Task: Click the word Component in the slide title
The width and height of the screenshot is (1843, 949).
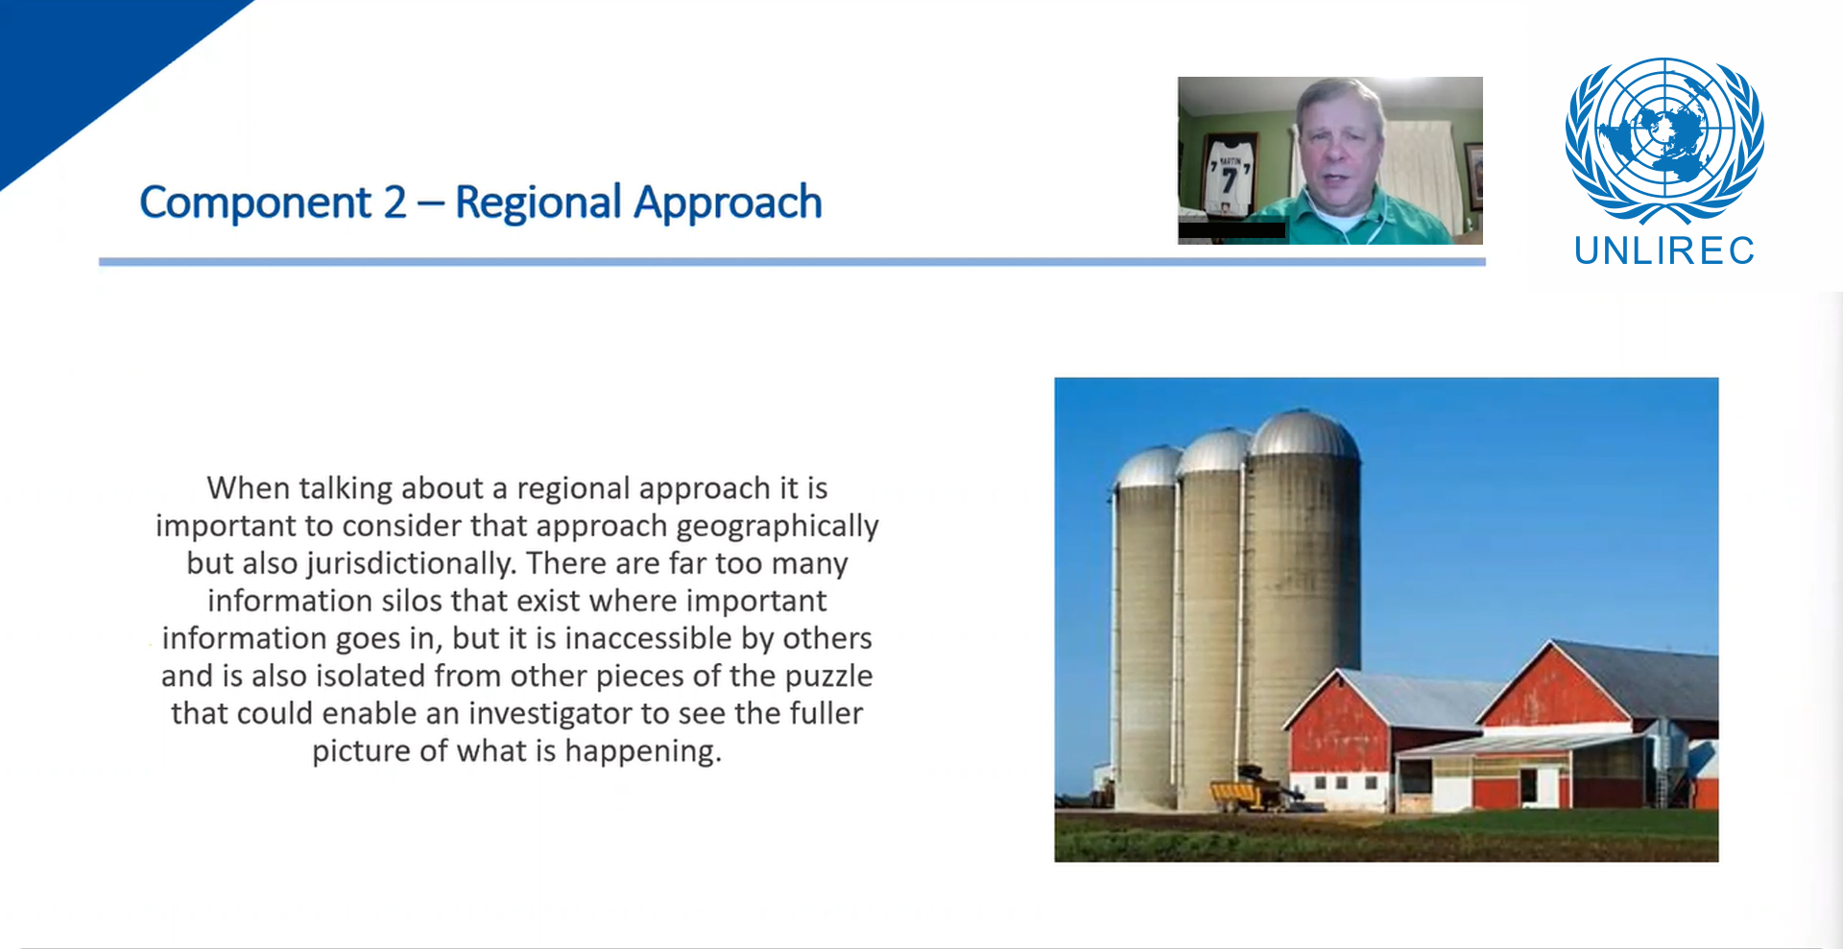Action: pos(254,203)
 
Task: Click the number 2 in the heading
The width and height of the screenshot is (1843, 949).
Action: pos(395,203)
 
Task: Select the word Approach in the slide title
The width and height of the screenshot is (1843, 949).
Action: pos(728,203)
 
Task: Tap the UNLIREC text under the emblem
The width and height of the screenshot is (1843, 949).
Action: pos(1664,251)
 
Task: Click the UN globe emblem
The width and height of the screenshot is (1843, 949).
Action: pos(1664,139)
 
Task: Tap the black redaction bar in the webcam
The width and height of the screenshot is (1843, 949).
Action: pos(1232,230)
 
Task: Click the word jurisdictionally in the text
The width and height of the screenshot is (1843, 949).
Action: pos(411,564)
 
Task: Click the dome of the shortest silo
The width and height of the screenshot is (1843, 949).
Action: pos(1148,467)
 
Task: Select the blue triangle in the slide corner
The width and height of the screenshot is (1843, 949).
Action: pos(77,58)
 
